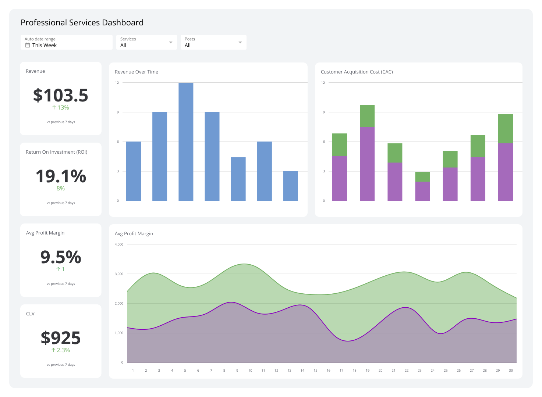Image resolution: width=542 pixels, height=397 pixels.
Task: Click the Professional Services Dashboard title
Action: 82,22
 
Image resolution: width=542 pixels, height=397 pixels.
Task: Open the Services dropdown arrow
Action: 170,43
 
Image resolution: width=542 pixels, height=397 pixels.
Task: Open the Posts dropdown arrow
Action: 240,43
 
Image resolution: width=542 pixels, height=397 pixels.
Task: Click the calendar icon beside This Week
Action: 27,45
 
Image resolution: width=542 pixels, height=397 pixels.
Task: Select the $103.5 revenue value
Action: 61,95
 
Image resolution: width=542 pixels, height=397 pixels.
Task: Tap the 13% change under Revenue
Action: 61,108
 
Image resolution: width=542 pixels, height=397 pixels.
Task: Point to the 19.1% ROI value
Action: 61,176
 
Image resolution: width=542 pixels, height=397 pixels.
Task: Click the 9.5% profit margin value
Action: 61,257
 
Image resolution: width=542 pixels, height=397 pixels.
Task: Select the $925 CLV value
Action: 61,338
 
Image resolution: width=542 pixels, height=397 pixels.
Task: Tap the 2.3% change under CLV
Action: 61,350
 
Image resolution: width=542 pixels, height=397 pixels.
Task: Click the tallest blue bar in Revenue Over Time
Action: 186,142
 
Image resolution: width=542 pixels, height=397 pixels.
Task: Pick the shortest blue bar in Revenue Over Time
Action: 290,186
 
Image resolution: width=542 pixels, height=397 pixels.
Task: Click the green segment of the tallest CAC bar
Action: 367,116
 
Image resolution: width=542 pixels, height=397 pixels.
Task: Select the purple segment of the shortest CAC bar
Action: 422,191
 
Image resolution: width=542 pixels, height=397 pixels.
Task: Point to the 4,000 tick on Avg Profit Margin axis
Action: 119,244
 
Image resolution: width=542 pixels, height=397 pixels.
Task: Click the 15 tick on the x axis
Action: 315,371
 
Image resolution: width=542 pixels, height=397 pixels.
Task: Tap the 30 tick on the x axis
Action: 511,371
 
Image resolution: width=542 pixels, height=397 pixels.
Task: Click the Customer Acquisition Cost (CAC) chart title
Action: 357,72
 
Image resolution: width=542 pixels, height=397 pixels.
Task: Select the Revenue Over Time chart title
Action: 137,72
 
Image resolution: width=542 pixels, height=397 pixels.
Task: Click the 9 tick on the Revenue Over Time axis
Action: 118,112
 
